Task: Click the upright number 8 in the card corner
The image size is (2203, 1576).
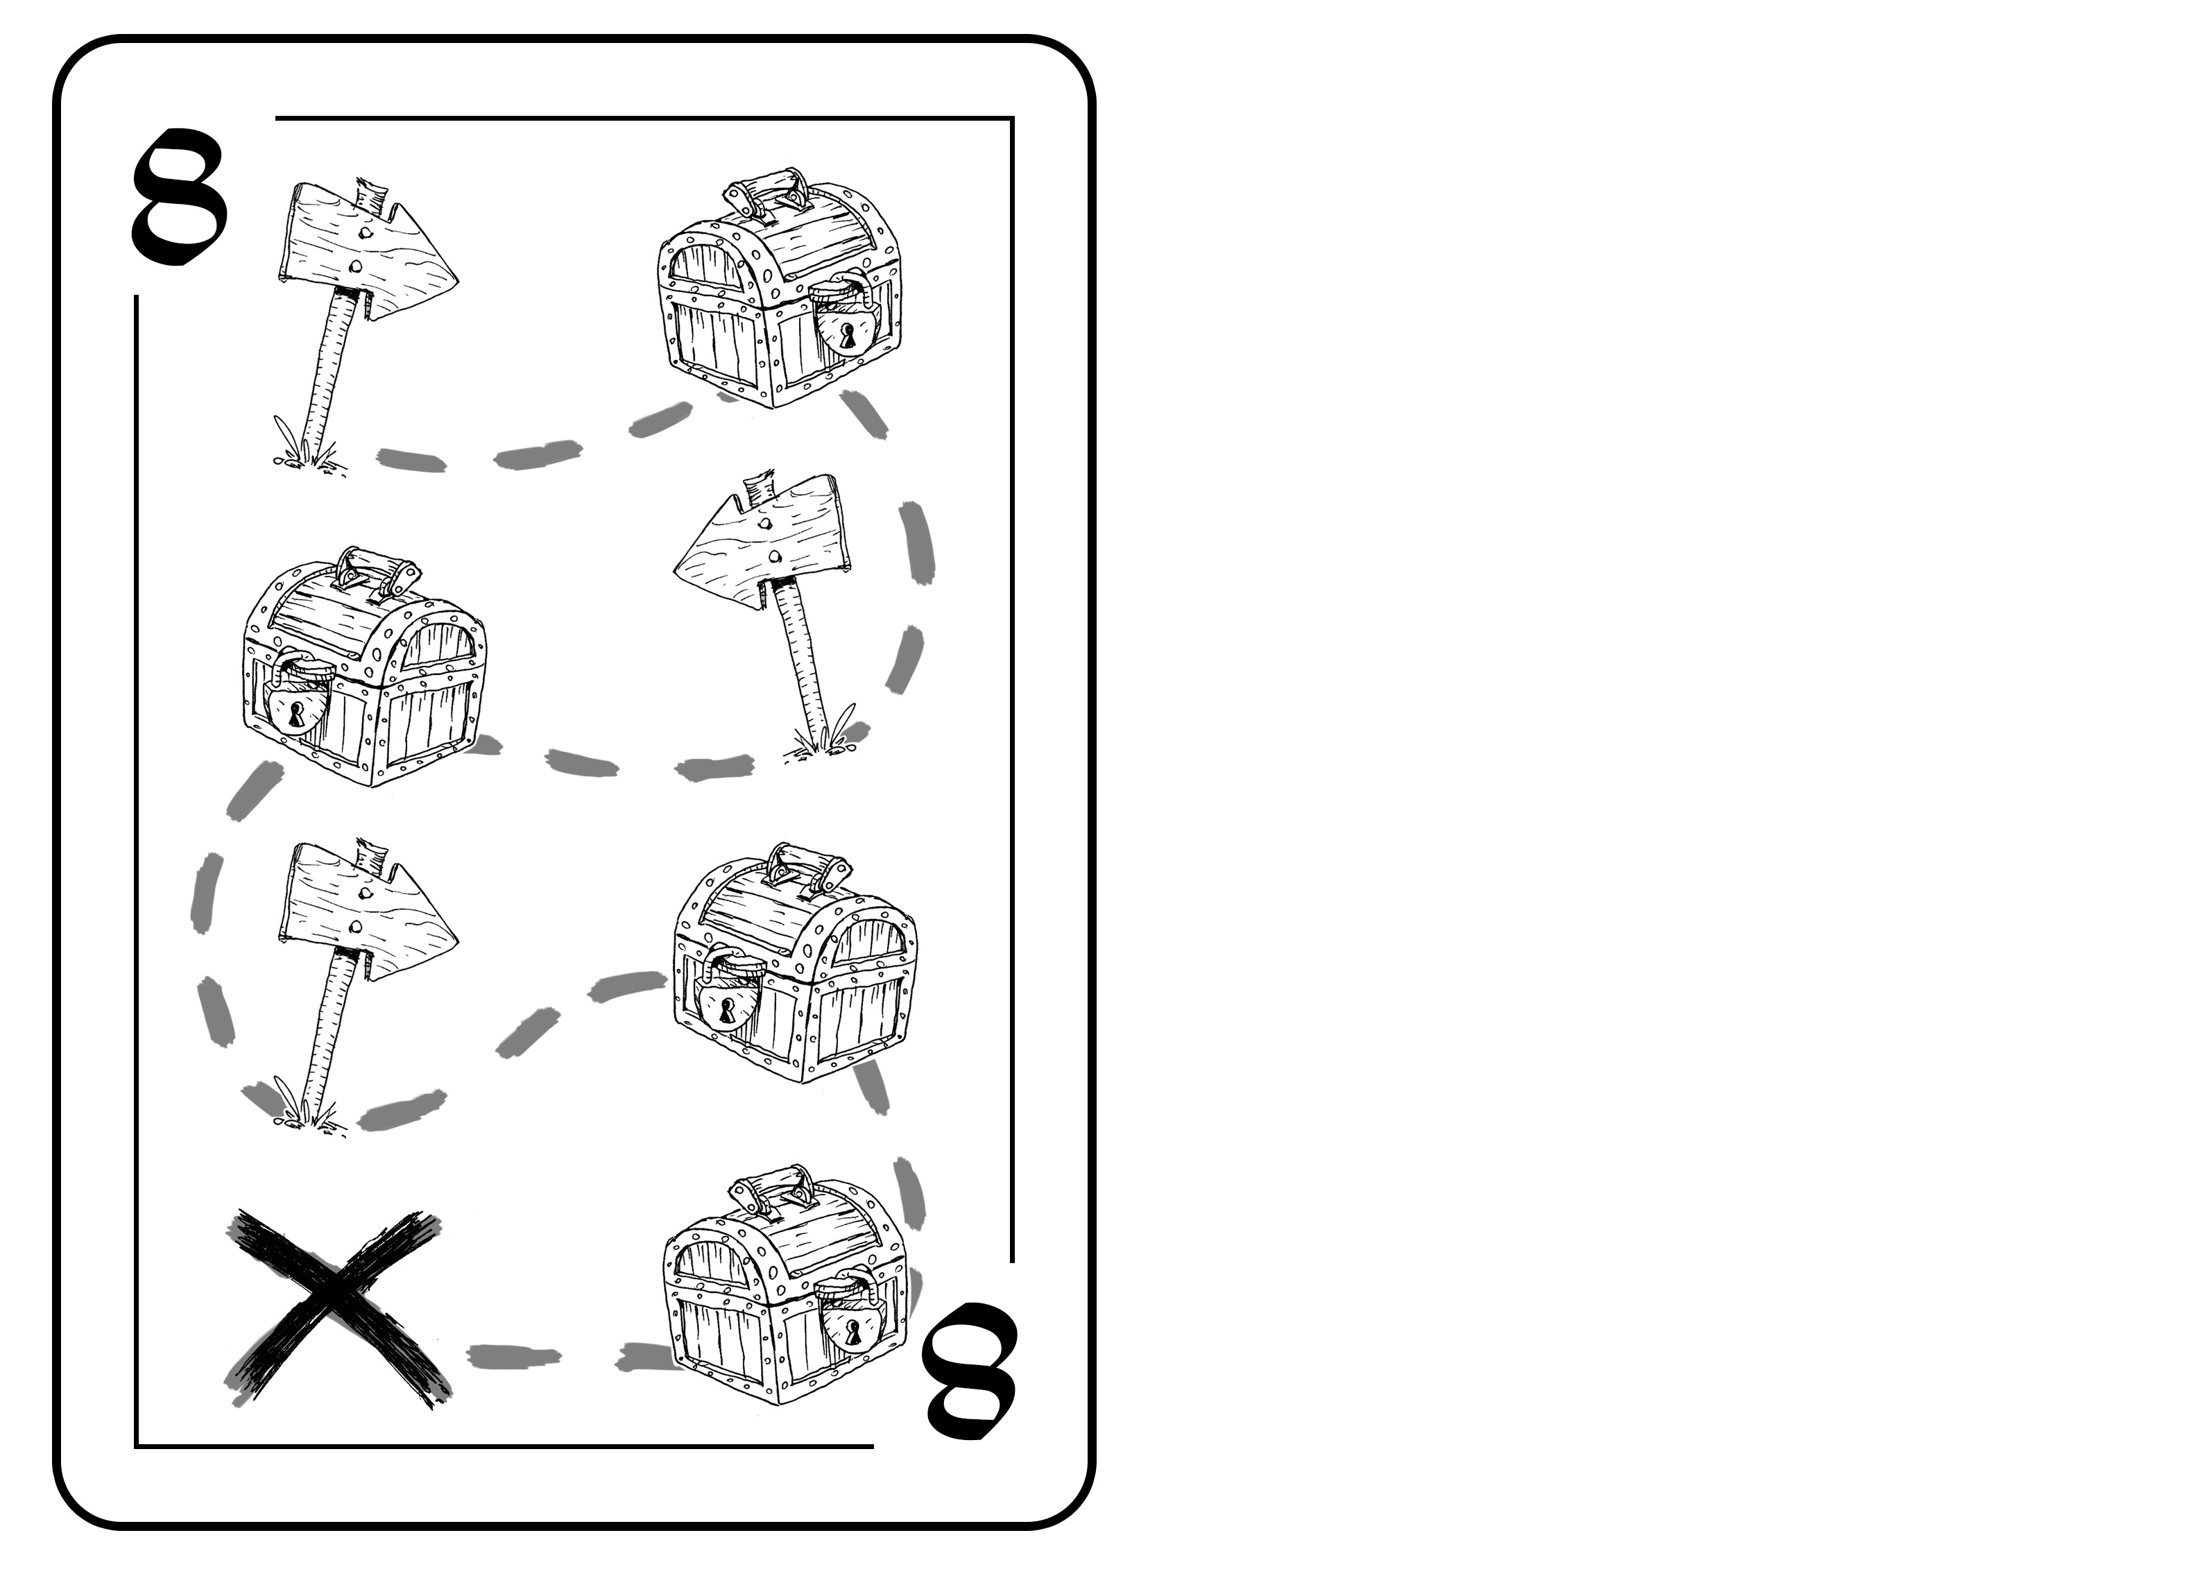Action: (x=180, y=198)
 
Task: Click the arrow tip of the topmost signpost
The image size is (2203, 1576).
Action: (x=456, y=279)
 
